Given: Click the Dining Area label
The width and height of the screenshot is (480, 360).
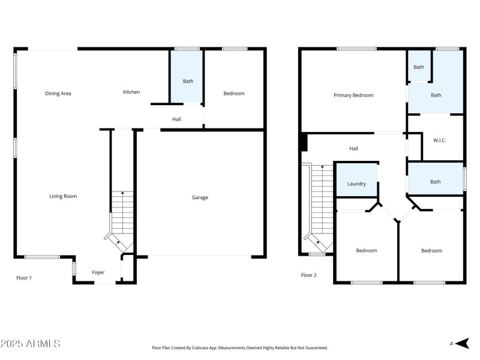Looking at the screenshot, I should point(58,94).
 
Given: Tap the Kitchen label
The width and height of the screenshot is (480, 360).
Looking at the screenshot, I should point(131,92).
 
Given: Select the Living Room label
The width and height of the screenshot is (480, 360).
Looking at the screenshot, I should point(63,196).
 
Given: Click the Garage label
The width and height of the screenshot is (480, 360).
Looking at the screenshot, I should point(200,197).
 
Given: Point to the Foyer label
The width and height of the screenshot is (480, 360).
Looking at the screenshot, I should point(98,272).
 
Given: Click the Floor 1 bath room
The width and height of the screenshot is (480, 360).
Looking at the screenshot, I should point(188,81).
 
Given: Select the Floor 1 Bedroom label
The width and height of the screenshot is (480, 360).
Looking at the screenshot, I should point(234,94).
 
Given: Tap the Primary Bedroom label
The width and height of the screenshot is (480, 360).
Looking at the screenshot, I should point(353,95).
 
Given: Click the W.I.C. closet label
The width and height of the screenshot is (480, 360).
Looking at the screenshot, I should point(440,140).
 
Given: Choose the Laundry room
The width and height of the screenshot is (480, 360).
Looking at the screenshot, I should point(356,184).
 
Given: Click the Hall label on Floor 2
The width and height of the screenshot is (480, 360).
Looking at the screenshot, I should point(353,148).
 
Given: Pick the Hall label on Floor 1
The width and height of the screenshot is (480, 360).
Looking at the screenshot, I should point(176,119).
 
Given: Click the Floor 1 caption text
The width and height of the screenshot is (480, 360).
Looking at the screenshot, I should point(24,278).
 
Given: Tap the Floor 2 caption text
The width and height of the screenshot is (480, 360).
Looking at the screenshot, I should point(308,275).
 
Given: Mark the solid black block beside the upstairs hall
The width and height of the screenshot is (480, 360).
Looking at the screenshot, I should point(304,142).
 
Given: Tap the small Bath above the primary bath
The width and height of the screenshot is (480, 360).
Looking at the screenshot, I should point(418,67).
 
